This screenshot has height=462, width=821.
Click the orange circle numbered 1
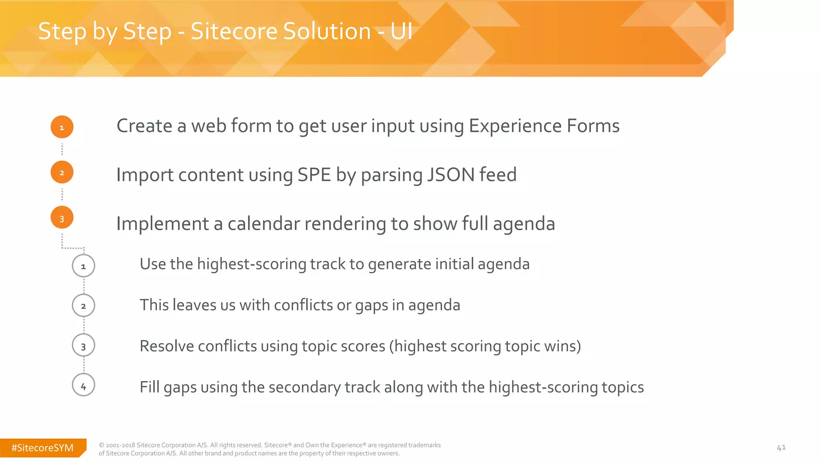(x=62, y=127)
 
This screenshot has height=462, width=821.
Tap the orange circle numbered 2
(x=62, y=172)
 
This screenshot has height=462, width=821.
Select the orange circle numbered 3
(x=62, y=218)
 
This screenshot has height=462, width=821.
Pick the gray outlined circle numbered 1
(x=83, y=265)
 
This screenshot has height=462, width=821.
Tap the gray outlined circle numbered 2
(x=83, y=306)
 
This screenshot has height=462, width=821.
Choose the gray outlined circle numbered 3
(x=83, y=345)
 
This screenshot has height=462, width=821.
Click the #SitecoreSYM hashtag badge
(x=42, y=448)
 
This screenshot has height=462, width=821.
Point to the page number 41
(x=781, y=448)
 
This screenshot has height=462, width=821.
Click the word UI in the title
(x=401, y=31)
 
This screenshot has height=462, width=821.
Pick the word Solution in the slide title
(x=281, y=31)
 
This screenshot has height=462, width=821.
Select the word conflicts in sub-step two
(x=303, y=305)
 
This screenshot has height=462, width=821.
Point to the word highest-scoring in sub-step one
(x=251, y=264)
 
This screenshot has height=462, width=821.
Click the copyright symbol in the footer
(x=101, y=445)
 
